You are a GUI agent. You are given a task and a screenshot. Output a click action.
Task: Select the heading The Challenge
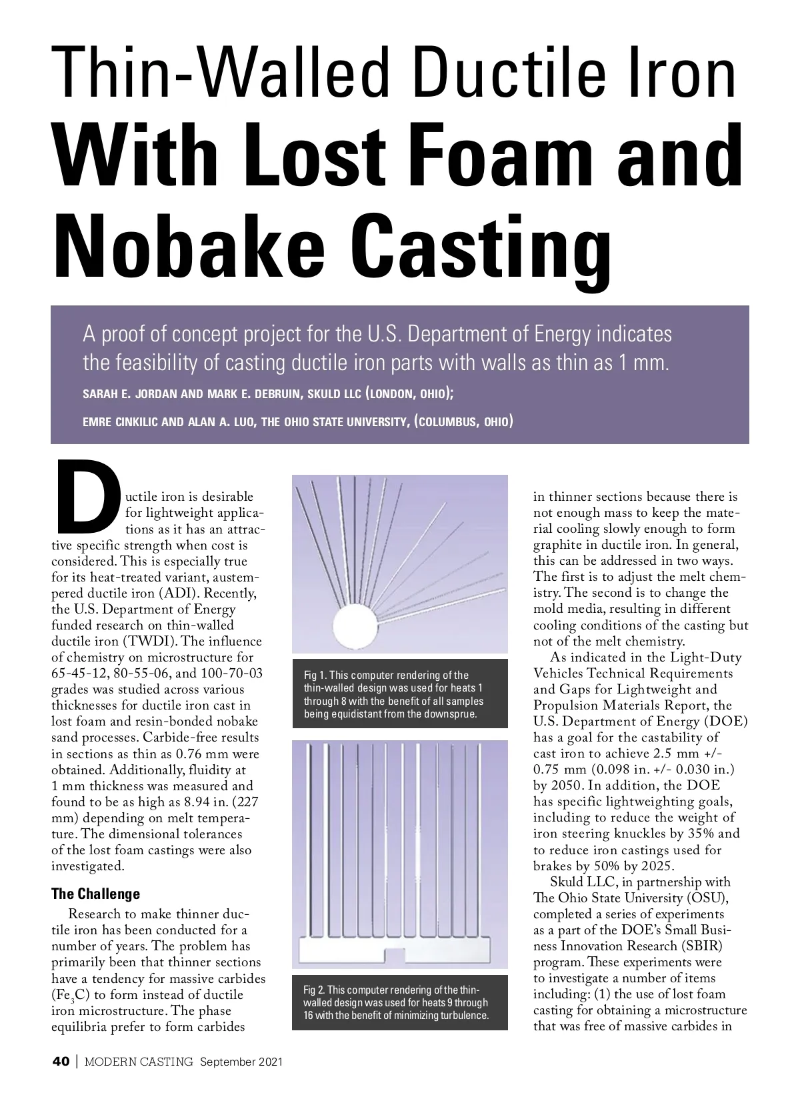point(96,894)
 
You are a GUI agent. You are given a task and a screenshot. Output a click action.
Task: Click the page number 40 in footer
point(62,1062)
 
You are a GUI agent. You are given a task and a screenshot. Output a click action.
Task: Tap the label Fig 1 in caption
point(315,675)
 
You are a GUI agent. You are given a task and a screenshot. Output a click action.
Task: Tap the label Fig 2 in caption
point(314,989)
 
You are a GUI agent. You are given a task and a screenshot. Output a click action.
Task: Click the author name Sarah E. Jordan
point(130,394)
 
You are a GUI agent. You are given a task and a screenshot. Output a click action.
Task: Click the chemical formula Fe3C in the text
point(70,995)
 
